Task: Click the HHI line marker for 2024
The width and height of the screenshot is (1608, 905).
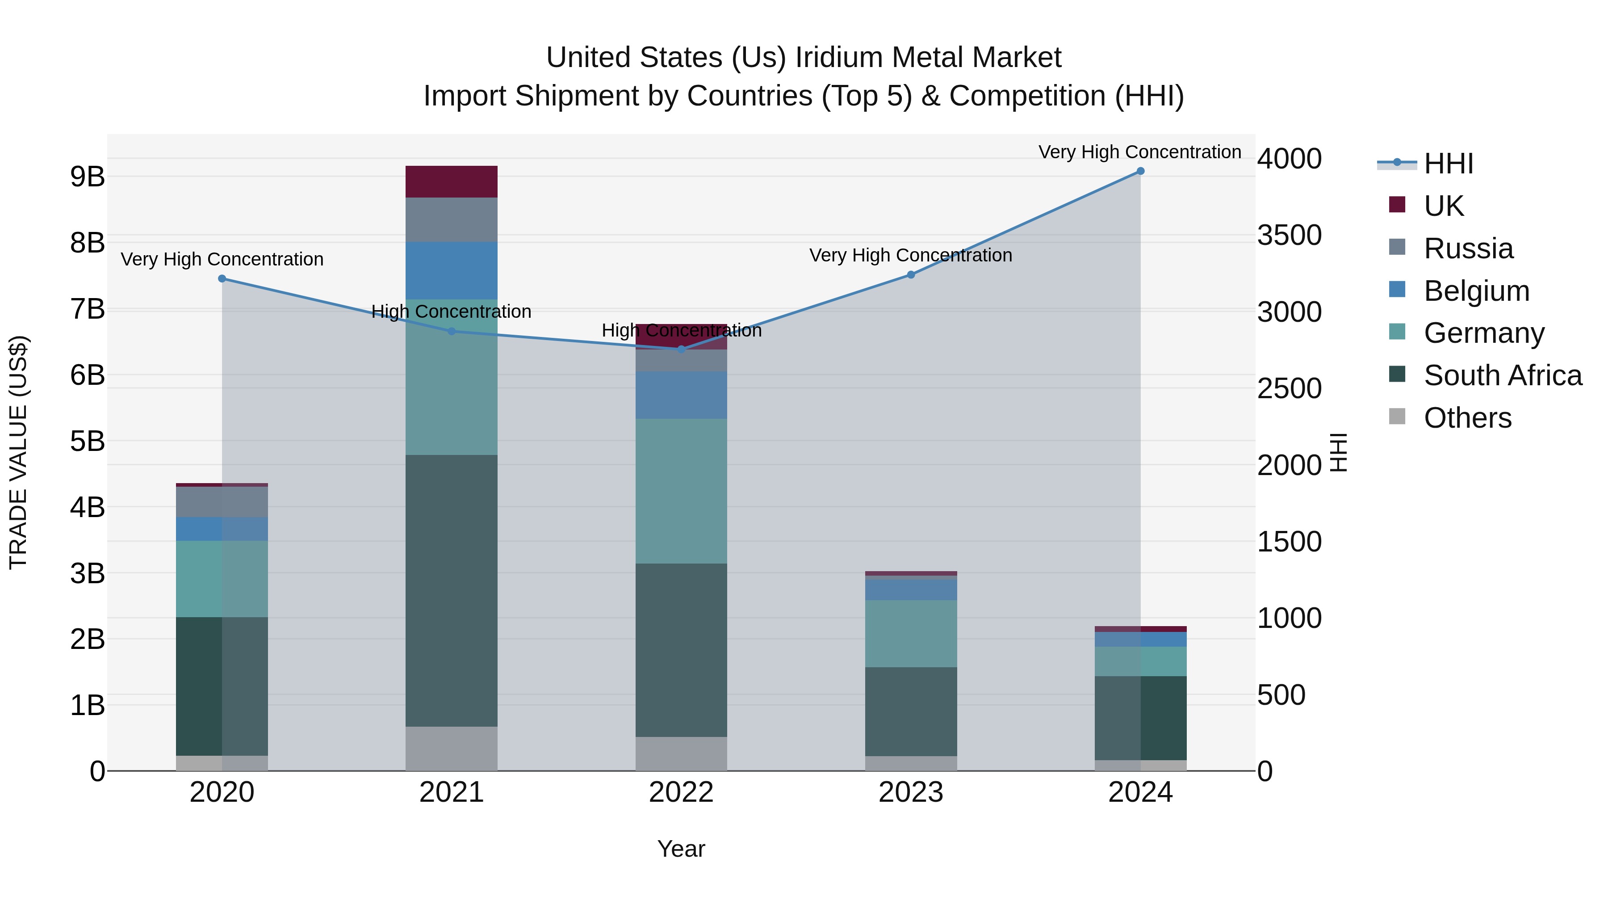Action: click(x=1140, y=171)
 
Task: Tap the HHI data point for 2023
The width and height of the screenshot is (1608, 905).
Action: click(x=911, y=275)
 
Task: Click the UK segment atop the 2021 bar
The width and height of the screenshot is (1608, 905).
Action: click(x=451, y=182)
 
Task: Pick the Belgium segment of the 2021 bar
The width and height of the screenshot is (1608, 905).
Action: click(x=451, y=270)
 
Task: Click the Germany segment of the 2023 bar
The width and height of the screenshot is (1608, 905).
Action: click(x=911, y=633)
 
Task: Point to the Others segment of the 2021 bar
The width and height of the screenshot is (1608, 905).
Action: click(x=451, y=748)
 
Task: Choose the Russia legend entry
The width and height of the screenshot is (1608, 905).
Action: click(x=1468, y=248)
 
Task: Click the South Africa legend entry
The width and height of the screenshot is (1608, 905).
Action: click(x=1503, y=375)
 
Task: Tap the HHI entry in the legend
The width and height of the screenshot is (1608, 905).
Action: click(x=1448, y=164)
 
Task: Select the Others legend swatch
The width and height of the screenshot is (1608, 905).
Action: click(x=1397, y=417)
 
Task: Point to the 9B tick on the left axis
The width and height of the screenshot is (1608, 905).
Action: click(x=88, y=177)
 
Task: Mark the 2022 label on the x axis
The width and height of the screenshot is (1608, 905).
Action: click(x=681, y=792)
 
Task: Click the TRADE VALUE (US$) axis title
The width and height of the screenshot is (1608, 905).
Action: click(x=19, y=452)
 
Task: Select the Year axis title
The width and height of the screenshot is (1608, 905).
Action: click(x=681, y=849)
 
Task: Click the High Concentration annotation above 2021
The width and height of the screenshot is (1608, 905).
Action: click(x=451, y=311)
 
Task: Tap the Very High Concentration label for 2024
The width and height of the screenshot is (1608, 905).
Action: click(x=1140, y=152)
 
